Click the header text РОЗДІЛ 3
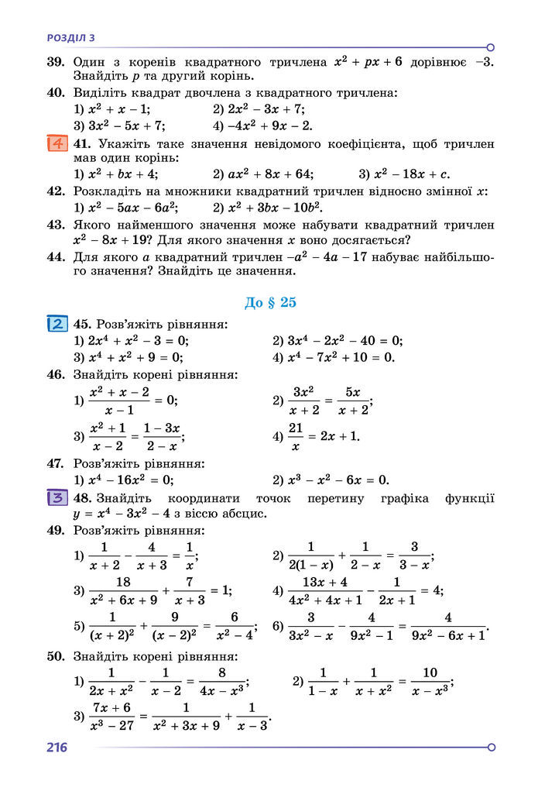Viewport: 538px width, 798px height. (71, 37)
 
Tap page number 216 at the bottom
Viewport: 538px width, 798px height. (57, 748)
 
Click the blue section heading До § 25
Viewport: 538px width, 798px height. (270, 302)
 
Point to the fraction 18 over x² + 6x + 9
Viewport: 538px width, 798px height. (122, 590)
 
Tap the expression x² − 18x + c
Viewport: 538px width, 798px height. (411, 174)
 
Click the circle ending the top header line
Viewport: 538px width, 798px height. (491, 47)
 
